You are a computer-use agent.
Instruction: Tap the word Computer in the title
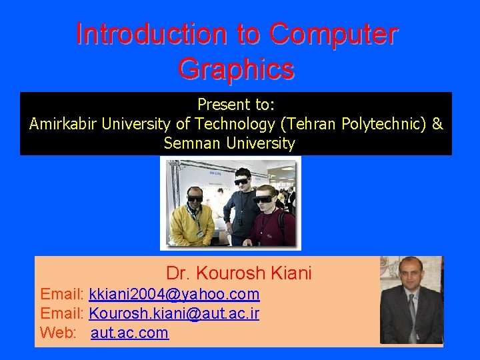pyautogui.click(x=335, y=35)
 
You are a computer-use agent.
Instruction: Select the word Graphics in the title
pyautogui.click(x=236, y=69)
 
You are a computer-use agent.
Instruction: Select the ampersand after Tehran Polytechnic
pyautogui.click(x=437, y=124)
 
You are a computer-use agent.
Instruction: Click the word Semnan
pyautogui.click(x=193, y=143)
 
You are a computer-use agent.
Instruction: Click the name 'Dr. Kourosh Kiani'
pyautogui.click(x=239, y=273)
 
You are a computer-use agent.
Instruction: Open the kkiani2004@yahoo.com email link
pyautogui.click(x=174, y=294)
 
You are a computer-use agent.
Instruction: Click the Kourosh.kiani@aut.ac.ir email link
pyautogui.click(x=174, y=313)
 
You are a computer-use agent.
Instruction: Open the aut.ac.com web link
pyautogui.click(x=129, y=333)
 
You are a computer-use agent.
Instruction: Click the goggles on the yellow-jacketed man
pyautogui.click(x=195, y=197)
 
